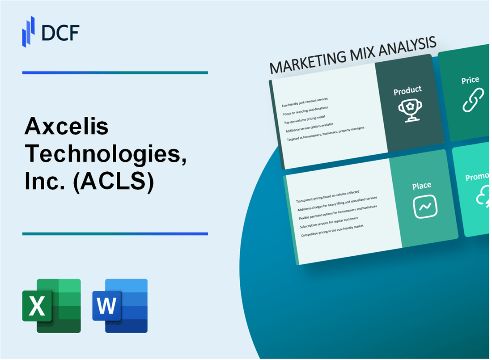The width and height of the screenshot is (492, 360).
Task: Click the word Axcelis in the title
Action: pyautogui.click(x=67, y=128)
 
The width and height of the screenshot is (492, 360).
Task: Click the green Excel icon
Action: pyautogui.click(x=51, y=306)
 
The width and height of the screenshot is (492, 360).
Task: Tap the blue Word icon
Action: pyautogui.click(x=120, y=306)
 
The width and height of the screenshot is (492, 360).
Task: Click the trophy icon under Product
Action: pyautogui.click(x=408, y=109)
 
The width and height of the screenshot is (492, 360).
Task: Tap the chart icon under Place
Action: pyautogui.click(x=425, y=207)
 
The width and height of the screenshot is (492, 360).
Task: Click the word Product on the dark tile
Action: pyautogui.click(x=407, y=90)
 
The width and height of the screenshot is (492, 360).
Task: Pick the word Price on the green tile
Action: pyautogui.click(x=470, y=80)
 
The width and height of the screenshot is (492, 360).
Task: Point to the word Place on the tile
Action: pyautogui.click(x=422, y=185)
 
